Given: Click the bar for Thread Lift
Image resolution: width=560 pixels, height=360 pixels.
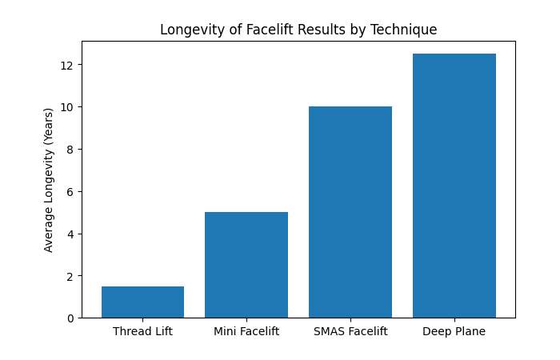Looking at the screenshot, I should tap(142, 302).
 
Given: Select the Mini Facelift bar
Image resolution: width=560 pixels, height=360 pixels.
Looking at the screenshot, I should tap(246, 265).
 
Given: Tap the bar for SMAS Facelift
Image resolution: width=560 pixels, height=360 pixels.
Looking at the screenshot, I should tap(350, 212).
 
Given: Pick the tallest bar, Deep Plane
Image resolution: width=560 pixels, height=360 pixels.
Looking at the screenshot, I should tap(454, 186).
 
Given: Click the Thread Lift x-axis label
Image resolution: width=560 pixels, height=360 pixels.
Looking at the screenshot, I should tap(142, 331).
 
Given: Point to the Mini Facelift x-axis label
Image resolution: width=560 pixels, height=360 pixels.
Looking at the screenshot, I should tap(246, 331).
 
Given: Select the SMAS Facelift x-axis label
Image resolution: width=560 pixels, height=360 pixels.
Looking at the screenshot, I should tap(350, 331).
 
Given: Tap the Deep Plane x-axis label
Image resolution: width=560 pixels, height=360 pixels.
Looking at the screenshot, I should tap(454, 331).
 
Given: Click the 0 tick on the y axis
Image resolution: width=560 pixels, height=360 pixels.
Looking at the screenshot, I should tap(70, 318).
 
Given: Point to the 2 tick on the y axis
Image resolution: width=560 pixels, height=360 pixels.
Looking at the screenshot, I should tap(70, 276).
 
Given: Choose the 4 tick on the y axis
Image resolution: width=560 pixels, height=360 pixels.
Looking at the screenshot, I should tap(70, 234).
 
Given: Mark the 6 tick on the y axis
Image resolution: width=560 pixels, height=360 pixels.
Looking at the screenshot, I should tap(70, 191).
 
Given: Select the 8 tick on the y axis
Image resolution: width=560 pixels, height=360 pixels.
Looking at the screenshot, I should tap(70, 149).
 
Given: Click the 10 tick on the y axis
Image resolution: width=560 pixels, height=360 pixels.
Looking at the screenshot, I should tap(68, 106).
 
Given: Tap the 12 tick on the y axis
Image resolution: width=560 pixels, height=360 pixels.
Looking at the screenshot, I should tap(68, 64).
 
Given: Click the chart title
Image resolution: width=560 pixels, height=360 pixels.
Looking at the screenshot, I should tap(298, 30).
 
